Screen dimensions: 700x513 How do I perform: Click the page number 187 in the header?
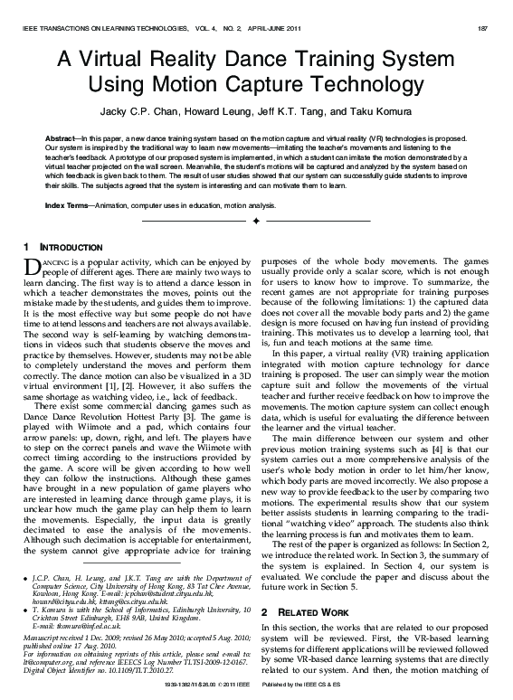point(483,28)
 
